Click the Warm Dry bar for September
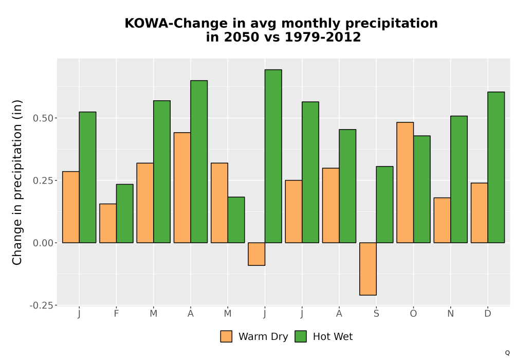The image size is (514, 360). pyautogui.click(x=368, y=269)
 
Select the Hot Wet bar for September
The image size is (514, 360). pyautogui.click(x=384, y=205)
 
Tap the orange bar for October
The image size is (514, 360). pyautogui.click(x=405, y=183)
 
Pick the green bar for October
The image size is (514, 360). pyautogui.click(x=422, y=189)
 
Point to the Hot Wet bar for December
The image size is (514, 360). pyautogui.click(x=496, y=167)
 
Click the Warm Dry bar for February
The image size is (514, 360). pyautogui.click(x=108, y=223)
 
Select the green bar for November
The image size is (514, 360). pyautogui.click(x=459, y=179)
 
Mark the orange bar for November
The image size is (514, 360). pyautogui.click(x=442, y=220)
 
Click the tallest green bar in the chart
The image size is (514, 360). pyautogui.click(x=273, y=156)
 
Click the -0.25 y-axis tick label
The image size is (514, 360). pyautogui.click(x=41, y=305)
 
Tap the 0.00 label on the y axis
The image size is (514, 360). pyautogui.click(x=43, y=243)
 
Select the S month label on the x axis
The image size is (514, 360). pyautogui.click(x=376, y=314)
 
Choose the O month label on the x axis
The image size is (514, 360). pyautogui.click(x=413, y=314)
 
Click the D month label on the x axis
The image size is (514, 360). pyautogui.click(x=488, y=314)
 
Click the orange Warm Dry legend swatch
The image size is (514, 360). pyautogui.click(x=226, y=336)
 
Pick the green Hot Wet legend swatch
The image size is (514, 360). pyautogui.click(x=301, y=336)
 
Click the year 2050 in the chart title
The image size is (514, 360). pyautogui.click(x=238, y=37)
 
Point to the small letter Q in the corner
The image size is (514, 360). pyautogui.click(x=507, y=353)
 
